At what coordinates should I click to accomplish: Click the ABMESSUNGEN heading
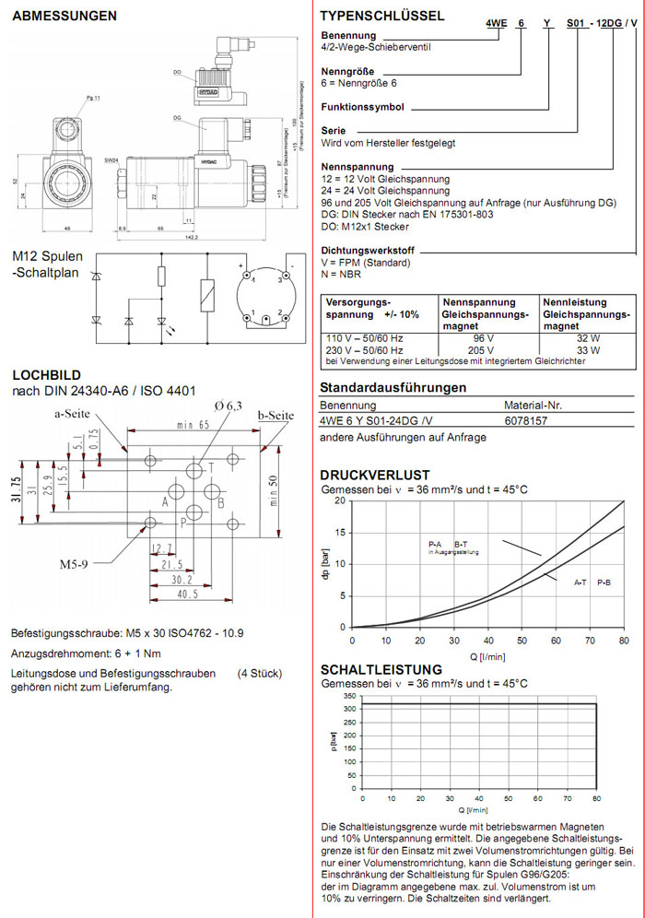(x=64, y=16)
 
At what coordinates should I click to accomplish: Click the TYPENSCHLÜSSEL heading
(x=381, y=16)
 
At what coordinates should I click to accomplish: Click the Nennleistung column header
(x=575, y=302)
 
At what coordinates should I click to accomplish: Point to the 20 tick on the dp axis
(x=341, y=501)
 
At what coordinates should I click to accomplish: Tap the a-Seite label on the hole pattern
(x=71, y=414)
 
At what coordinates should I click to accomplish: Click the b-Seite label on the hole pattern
(x=276, y=417)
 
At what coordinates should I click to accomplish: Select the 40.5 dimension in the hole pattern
(x=189, y=594)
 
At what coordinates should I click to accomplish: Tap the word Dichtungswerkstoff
(x=368, y=251)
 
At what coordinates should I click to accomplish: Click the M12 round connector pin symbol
(x=266, y=295)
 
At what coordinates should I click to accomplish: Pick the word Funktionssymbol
(x=362, y=107)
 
